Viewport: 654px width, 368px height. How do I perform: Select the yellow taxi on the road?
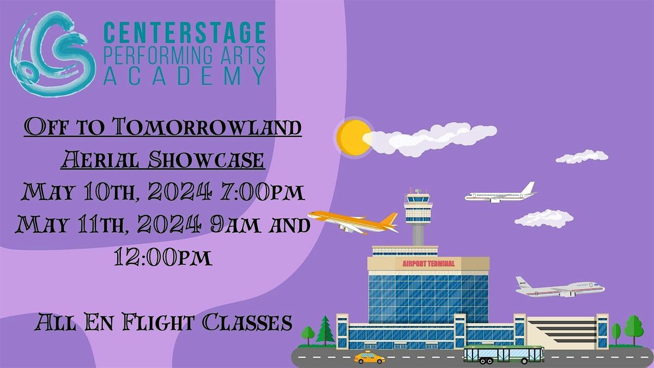(369, 358)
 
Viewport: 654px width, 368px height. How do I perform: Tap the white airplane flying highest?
(500, 194)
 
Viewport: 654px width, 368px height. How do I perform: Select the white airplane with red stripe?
(559, 287)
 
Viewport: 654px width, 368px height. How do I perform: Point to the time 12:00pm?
(163, 257)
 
